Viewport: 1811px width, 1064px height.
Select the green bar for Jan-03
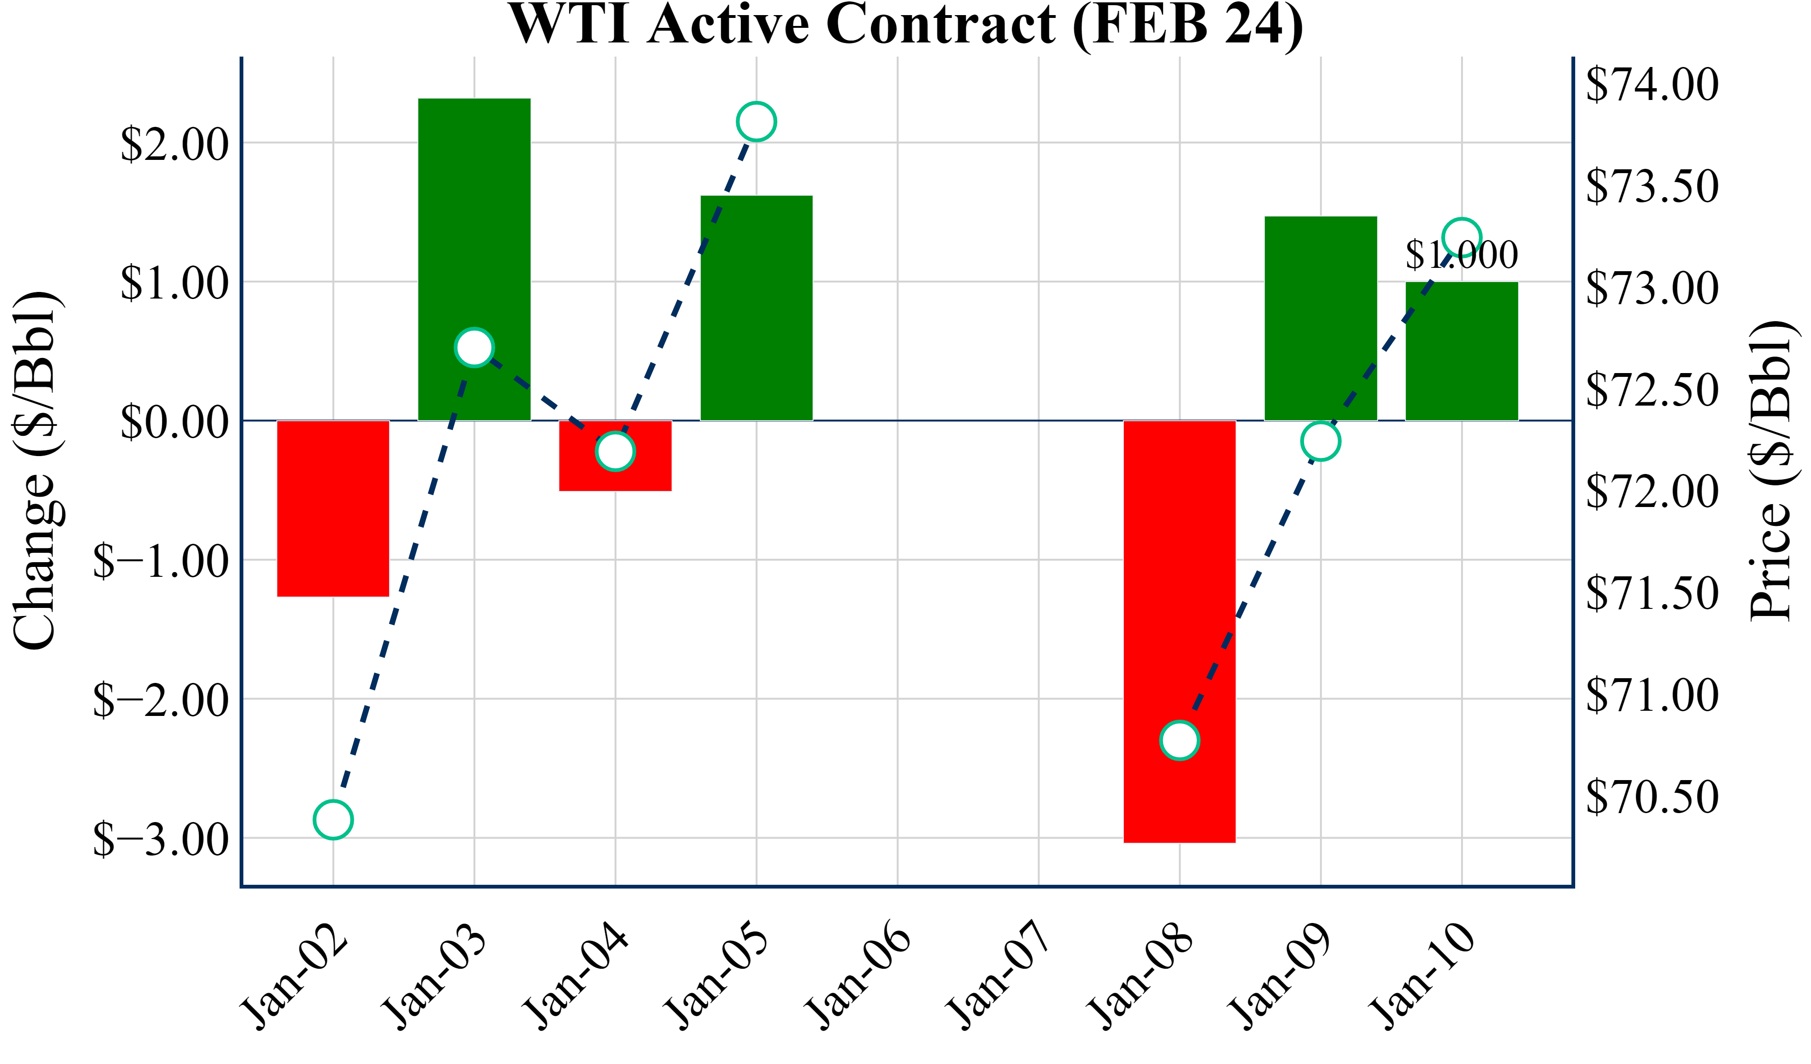click(x=474, y=216)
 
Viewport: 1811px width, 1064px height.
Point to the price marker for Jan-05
click(x=756, y=122)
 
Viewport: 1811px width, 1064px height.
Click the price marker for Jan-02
click(x=333, y=820)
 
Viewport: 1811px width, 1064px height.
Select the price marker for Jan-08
click(x=1180, y=740)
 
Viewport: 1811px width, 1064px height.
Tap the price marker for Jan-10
click(x=1462, y=237)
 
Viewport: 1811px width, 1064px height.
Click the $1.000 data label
click(x=1462, y=255)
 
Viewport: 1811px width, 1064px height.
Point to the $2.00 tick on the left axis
click(x=174, y=144)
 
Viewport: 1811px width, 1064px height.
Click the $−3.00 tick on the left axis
click(x=161, y=839)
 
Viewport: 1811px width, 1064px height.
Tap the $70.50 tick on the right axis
click(x=1652, y=797)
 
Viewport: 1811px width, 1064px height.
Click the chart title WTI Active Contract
click(x=905, y=25)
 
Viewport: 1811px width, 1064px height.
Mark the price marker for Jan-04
click(x=615, y=451)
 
